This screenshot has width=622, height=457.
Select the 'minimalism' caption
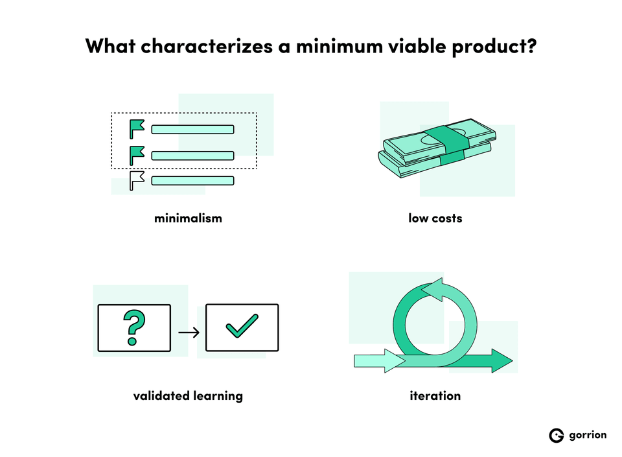tap(188, 218)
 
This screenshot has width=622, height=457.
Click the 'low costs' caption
tap(435, 218)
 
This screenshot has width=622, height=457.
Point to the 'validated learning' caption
tap(188, 395)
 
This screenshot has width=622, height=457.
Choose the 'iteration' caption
tap(435, 395)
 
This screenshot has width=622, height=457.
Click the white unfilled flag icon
tap(137, 180)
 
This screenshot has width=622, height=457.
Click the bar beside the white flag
tap(192, 180)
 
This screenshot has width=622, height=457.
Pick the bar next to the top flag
tap(192, 129)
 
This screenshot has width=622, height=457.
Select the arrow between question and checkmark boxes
tap(188, 333)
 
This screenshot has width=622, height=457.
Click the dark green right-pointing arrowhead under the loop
tap(501, 360)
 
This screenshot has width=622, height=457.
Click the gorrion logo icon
tap(556, 436)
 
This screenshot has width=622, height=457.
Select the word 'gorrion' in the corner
tap(588, 435)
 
